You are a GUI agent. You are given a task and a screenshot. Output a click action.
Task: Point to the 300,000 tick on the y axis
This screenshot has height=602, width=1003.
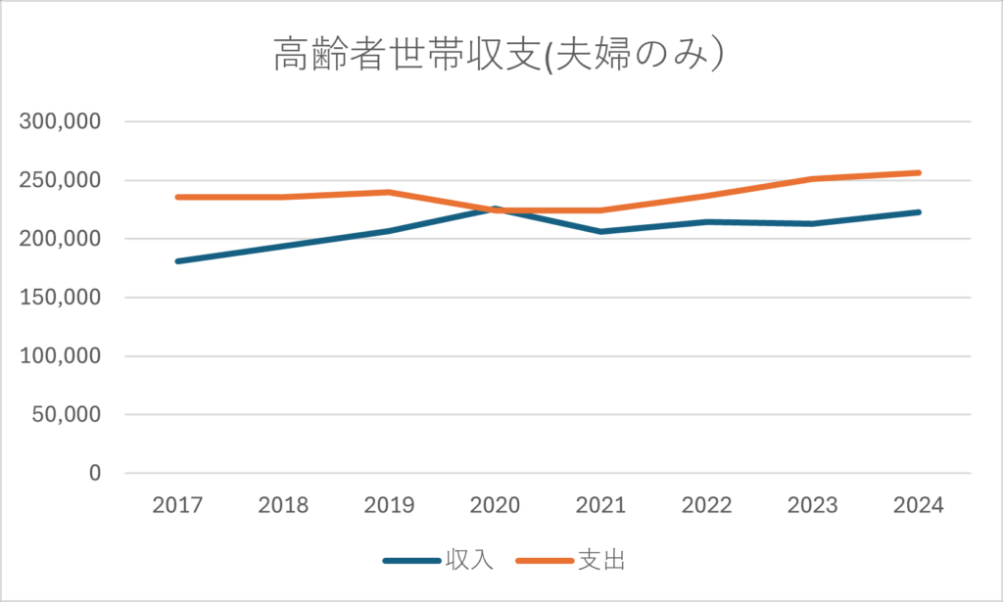click(61, 122)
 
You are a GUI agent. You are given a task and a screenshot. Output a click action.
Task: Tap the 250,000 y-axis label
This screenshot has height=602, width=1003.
click(61, 181)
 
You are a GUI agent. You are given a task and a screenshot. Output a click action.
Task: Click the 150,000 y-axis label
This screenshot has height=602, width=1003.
click(61, 298)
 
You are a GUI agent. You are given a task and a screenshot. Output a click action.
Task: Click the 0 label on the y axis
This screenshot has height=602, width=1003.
click(94, 473)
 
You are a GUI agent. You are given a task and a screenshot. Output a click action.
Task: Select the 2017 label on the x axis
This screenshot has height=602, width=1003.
click(177, 505)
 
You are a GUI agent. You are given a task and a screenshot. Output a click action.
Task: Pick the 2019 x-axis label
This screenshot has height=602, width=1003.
click(389, 505)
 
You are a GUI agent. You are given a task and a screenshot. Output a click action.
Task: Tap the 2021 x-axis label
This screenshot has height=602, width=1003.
click(600, 505)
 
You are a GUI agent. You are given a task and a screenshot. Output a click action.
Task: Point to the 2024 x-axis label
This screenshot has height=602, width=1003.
click(918, 505)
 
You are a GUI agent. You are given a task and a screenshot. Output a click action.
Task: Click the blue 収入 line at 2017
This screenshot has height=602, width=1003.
click(177, 261)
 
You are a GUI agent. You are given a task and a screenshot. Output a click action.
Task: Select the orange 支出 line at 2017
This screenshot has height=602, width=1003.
click(177, 197)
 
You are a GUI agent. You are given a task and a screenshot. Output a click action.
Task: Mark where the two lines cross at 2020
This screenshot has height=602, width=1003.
click(496, 209)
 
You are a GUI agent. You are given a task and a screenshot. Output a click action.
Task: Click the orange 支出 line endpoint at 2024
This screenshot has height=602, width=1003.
click(918, 173)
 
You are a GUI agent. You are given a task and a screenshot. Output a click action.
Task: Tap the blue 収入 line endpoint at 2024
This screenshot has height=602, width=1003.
click(918, 212)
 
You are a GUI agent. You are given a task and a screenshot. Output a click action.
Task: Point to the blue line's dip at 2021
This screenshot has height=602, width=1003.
click(600, 232)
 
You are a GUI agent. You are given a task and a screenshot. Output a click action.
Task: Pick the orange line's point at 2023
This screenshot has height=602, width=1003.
click(812, 179)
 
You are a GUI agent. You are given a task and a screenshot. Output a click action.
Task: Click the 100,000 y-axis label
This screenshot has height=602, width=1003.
click(61, 356)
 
